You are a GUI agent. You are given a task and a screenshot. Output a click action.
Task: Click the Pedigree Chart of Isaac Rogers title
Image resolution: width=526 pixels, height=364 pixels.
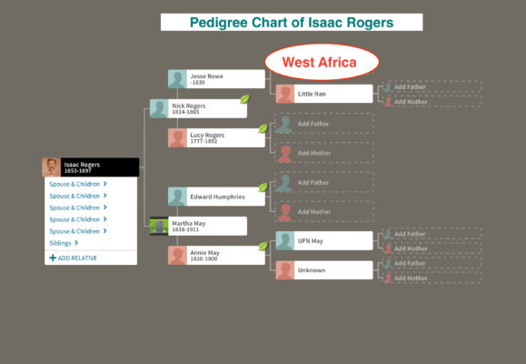[x=292, y=23]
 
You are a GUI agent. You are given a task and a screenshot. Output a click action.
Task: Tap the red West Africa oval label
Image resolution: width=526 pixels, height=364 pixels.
[x=322, y=62]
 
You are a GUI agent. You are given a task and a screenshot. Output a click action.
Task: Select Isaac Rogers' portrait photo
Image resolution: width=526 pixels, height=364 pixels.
[x=51, y=167]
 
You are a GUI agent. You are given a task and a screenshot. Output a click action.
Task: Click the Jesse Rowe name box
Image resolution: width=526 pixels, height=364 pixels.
[x=216, y=79]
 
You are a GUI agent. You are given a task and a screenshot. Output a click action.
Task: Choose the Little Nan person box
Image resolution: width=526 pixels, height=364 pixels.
[x=324, y=94]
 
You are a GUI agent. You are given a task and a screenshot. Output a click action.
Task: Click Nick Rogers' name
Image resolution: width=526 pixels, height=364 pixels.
[x=189, y=106]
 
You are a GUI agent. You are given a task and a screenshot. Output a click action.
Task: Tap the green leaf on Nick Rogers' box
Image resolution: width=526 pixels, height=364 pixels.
[x=245, y=99]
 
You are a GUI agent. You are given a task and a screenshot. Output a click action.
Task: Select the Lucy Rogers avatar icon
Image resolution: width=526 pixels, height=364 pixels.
[x=177, y=137]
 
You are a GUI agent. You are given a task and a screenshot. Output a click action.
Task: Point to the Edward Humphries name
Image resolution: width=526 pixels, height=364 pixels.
[x=217, y=197]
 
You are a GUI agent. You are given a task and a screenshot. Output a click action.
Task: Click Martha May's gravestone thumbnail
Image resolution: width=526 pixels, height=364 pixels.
[x=159, y=226]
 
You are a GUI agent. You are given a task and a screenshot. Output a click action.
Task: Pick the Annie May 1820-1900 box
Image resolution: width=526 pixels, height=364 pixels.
[x=216, y=255]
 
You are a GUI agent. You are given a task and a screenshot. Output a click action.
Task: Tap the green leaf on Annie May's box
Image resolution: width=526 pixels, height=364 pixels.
[x=263, y=246]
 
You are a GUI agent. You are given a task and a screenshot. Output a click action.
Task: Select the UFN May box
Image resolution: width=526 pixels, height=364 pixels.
[x=324, y=240]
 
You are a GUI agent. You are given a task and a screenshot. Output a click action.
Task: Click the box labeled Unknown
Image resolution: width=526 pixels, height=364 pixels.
[x=324, y=270]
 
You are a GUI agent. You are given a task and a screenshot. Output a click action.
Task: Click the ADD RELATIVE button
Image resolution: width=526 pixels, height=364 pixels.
[x=73, y=258]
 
